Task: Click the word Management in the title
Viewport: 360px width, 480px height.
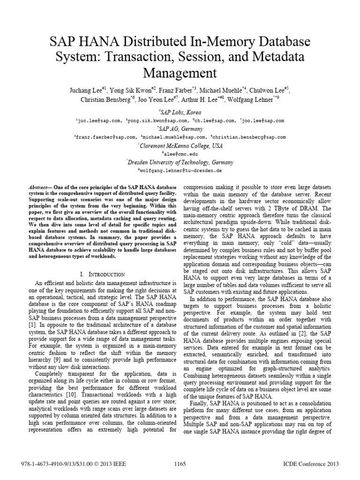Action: point(180,73)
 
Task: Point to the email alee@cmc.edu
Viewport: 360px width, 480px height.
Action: point(180,153)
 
